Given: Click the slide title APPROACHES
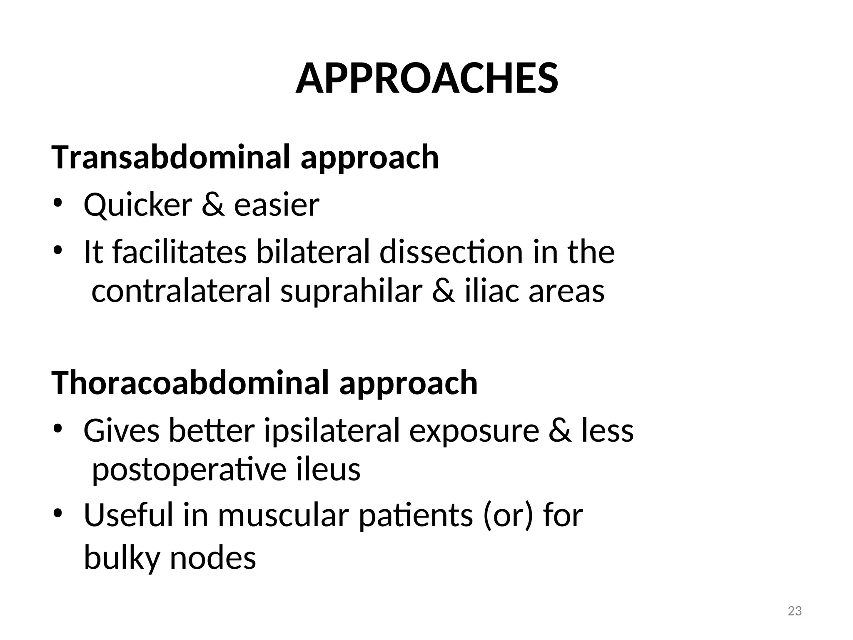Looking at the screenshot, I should coord(426,79).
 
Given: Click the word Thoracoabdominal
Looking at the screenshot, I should coord(190,383).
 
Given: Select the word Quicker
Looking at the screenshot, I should coord(138,205).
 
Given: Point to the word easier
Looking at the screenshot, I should coord(277,205).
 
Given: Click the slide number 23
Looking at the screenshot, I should coord(795,611).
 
